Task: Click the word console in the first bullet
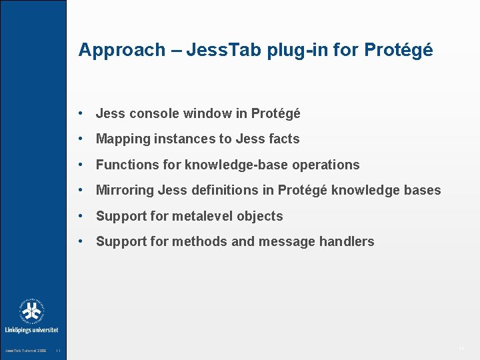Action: [x=151, y=114]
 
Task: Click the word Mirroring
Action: [x=125, y=191]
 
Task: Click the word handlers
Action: [x=349, y=241]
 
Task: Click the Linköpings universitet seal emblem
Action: [x=31, y=311]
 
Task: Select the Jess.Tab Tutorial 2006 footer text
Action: [x=25, y=351]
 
